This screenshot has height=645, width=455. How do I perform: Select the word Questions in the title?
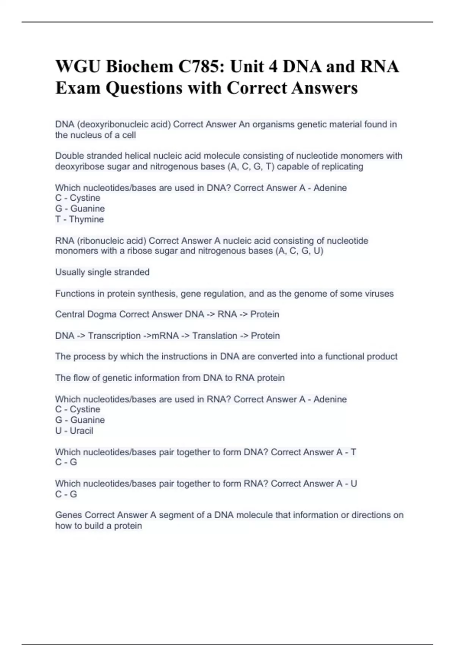[144, 88]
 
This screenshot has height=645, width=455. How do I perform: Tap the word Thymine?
[86, 219]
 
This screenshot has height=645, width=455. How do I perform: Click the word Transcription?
[114, 335]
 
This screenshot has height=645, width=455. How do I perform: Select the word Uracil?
[82, 431]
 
